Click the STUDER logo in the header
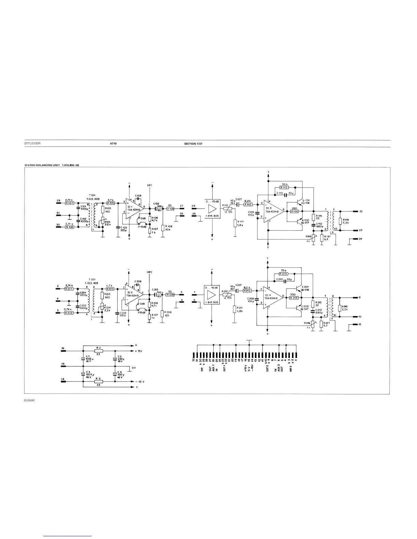[x=32, y=144]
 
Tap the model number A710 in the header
[x=113, y=144]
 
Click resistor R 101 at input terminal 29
[x=69, y=203]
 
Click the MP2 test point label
[x=149, y=272]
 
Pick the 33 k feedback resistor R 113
[x=284, y=187]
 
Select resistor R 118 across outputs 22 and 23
[x=340, y=220]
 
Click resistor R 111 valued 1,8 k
[x=235, y=223]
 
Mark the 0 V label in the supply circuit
[x=134, y=368]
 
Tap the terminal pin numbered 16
[x=63, y=349]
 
